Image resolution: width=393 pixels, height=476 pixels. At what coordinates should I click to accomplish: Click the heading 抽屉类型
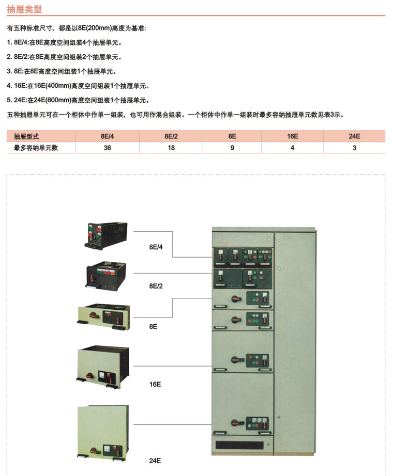point(24,9)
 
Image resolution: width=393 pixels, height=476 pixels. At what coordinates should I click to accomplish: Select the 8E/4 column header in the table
point(108,136)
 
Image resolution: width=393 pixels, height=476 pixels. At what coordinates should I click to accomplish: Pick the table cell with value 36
point(108,148)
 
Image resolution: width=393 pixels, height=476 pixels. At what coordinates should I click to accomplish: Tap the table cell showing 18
point(171,148)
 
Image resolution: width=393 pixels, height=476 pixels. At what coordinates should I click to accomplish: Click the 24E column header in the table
point(354,136)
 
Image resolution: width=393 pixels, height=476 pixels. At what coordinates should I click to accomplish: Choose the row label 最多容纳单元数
point(36,148)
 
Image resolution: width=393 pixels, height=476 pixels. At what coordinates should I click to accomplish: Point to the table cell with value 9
point(232,148)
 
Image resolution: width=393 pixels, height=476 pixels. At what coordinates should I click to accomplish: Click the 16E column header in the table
point(293,136)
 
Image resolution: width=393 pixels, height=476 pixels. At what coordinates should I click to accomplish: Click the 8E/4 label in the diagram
point(156,247)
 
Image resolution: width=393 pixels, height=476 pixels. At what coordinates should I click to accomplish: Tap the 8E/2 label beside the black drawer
point(156,286)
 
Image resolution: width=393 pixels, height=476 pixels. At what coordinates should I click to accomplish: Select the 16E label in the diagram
point(155,384)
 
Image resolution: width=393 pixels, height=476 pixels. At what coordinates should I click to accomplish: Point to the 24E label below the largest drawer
point(155,461)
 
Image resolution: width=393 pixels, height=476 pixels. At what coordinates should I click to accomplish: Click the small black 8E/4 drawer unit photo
point(106,236)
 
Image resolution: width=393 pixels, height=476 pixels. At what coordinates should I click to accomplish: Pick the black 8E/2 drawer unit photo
point(106,276)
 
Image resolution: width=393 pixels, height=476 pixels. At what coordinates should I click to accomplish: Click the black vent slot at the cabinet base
point(239,445)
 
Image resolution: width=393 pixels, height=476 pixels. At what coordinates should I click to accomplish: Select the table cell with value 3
point(354,148)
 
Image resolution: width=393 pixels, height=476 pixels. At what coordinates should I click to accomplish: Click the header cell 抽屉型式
point(26,136)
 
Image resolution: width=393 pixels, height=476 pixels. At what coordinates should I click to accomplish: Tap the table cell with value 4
point(292,148)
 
